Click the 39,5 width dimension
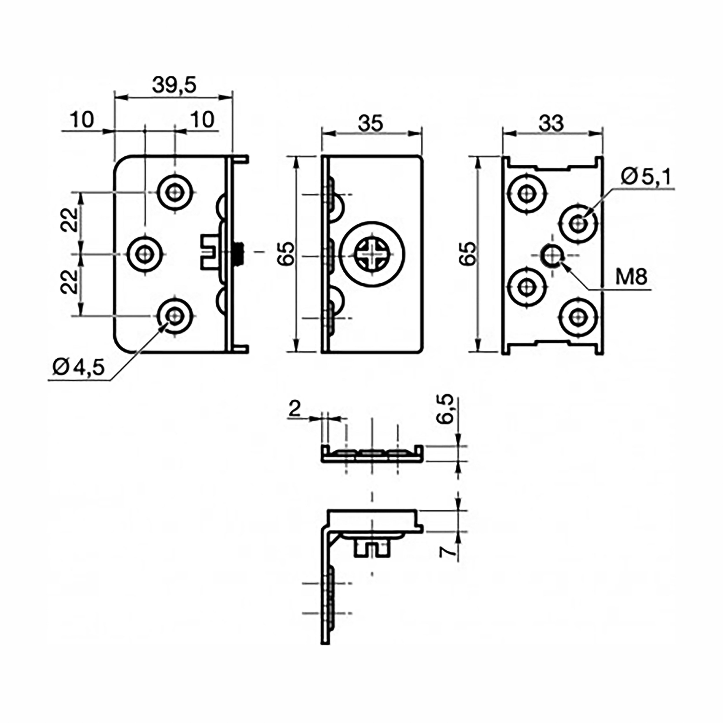(x=174, y=86)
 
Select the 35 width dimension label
(x=370, y=123)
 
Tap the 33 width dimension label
(x=551, y=123)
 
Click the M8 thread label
(x=631, y=278)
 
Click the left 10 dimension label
(x=82, y=120)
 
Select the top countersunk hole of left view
(x=175, y=193)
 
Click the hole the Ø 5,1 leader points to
(x=579, y=224)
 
